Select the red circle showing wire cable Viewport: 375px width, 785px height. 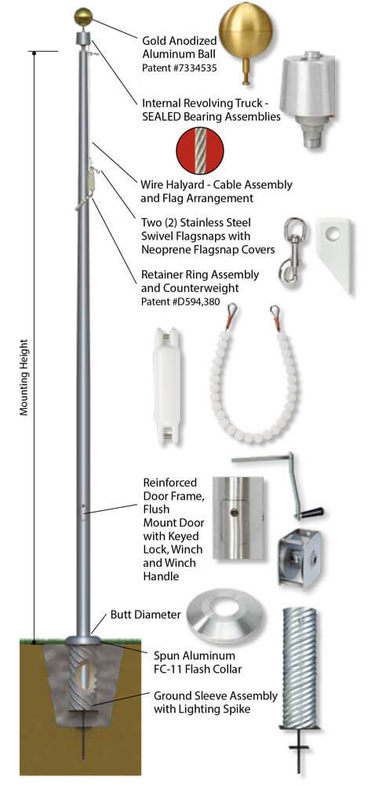[x=200, y=151]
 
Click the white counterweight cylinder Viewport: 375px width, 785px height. [x=167, y=385]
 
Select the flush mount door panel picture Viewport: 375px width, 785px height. [x=238, y=517]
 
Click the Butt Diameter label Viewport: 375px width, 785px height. [x=145, y=615]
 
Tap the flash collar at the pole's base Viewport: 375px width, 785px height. [x=82, y=639]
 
